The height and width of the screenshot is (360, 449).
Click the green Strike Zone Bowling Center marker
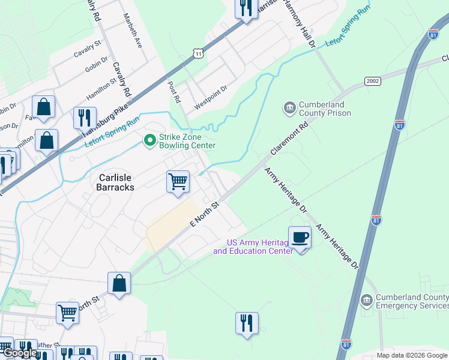point(149,140)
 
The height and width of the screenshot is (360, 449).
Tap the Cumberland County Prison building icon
point(289,107)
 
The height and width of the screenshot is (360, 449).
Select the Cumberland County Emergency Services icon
point(366,300)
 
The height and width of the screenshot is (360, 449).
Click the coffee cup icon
point(300,237)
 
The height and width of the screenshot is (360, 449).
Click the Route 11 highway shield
point(199,54)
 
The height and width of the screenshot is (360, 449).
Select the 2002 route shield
point(373,81)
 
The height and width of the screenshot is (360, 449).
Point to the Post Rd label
point(174,92)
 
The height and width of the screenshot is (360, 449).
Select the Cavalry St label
point(89,53)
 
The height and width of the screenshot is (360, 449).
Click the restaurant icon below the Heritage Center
point(247,323)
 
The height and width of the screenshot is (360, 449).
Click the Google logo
point(19,353)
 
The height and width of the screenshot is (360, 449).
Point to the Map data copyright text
point(411,355)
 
